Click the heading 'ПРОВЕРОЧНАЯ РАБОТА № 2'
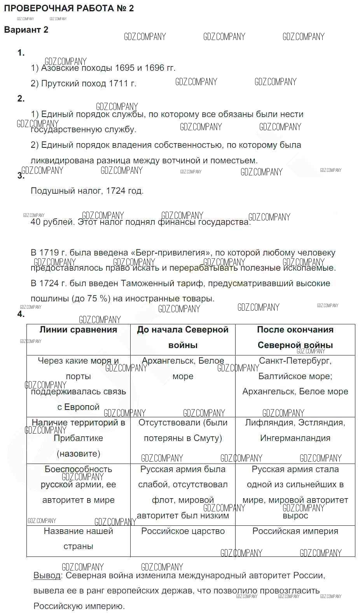69,9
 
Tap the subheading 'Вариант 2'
26,30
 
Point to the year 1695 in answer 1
125,68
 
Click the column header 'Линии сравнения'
78,330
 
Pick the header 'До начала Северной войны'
183,337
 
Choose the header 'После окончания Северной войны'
295,337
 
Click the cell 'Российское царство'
183,531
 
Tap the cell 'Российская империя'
295,531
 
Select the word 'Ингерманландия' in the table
295,438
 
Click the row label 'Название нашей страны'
78,539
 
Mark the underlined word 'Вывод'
47,576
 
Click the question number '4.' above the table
21,314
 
